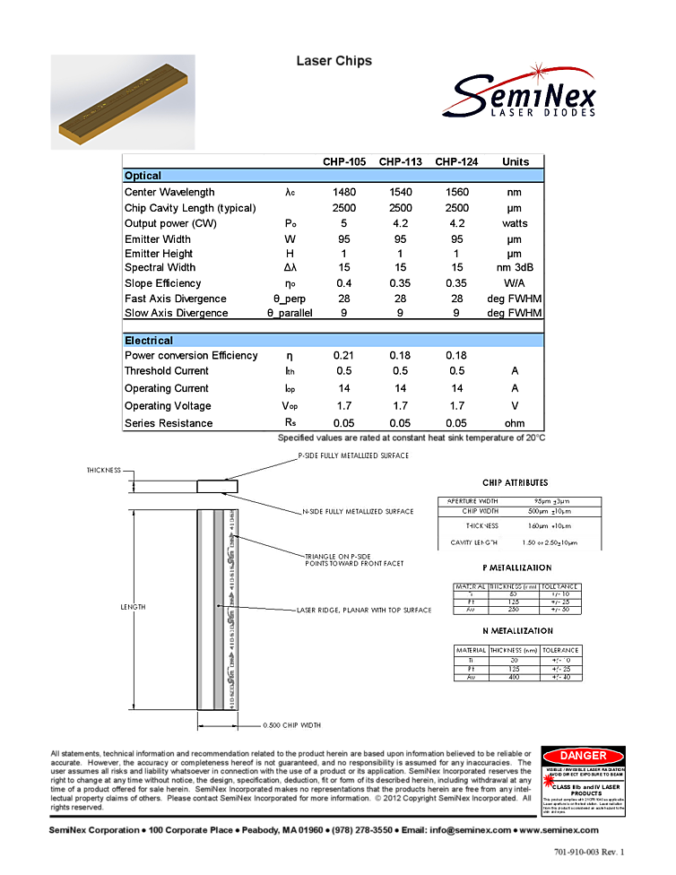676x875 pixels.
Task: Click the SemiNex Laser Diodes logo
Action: (x=518, y=83)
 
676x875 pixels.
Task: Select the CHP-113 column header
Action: (x=400, y=162)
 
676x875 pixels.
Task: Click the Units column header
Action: (x=516, y=162)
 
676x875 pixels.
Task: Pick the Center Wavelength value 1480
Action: (x=343, y=192)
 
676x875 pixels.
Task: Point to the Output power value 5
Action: (x=343, y=223)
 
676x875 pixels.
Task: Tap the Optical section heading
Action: (x=143, y=176)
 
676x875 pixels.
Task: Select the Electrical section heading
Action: (x=149, y=341)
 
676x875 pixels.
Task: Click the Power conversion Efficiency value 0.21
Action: (x=343, y=356)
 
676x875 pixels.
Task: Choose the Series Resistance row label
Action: (x=169, y=423)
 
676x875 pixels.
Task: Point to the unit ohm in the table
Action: (x=515, y=423)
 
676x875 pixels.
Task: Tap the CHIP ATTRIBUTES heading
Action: (x=515, y=483)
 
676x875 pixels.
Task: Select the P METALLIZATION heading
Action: (x=516, y=567)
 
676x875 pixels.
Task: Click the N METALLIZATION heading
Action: (x=516, y=631)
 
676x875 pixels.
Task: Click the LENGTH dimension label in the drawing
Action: (x=133, y=607)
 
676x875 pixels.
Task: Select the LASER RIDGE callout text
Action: (x=364, y=611)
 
